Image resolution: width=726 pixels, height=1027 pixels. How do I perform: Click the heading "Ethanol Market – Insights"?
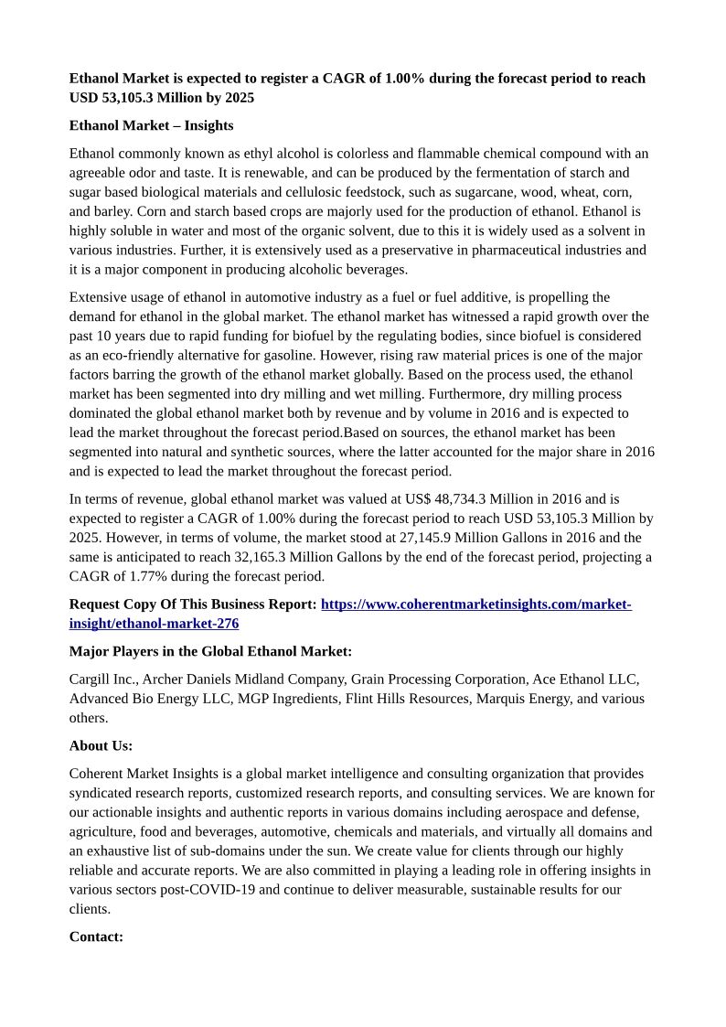coord(151,125)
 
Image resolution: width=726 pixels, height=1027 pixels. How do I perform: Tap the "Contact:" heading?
coord(96,936)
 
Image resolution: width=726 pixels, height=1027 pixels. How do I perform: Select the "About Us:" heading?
coord(101,745)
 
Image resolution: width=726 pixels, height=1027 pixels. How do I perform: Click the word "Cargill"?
coord(91,679)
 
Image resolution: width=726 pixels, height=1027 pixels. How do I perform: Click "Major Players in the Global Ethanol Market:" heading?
coord(210,651)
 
